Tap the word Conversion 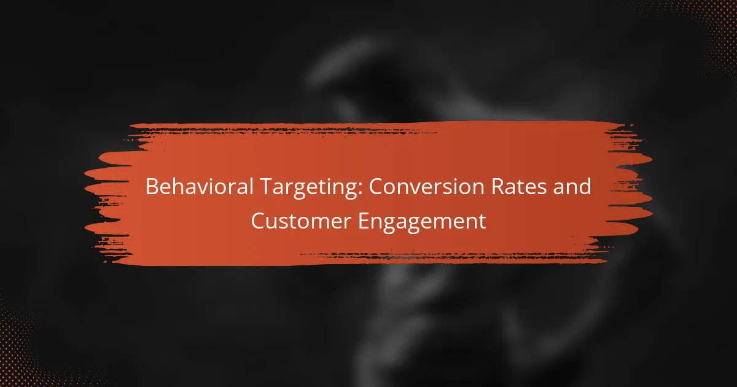pyautogui.click(x=426, y=187)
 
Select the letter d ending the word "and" pyautogui.click(x=585, y=187)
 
